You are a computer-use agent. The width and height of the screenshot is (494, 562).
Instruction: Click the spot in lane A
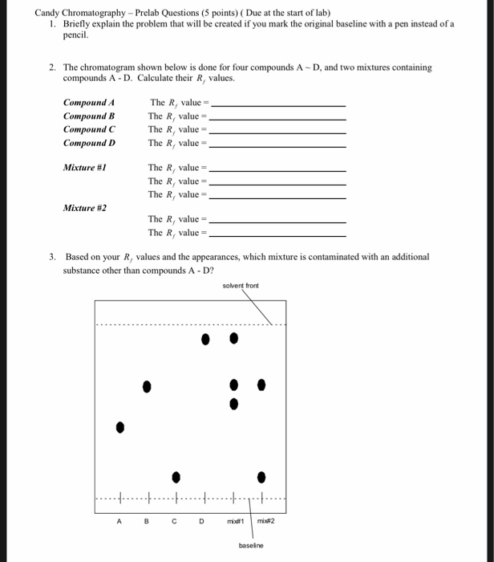(120, 426)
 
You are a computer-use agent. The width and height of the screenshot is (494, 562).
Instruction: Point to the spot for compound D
(205, 339)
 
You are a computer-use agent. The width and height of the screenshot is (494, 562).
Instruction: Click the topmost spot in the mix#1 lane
(233, 339)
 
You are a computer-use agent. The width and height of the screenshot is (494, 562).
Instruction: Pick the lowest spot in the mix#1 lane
(233, 404)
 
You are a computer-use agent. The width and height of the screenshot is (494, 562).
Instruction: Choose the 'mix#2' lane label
(266, 520)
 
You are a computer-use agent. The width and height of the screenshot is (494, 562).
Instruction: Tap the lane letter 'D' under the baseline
(202, 520)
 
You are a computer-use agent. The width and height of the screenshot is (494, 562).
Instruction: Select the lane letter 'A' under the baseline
(119, 520)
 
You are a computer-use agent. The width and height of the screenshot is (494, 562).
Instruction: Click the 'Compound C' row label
(89, 129)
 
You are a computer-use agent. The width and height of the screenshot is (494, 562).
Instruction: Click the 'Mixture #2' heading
(85, 207)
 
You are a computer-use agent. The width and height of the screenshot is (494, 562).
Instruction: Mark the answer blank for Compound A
(277, 104)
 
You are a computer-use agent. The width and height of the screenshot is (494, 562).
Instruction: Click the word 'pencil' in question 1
(75, 36)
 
